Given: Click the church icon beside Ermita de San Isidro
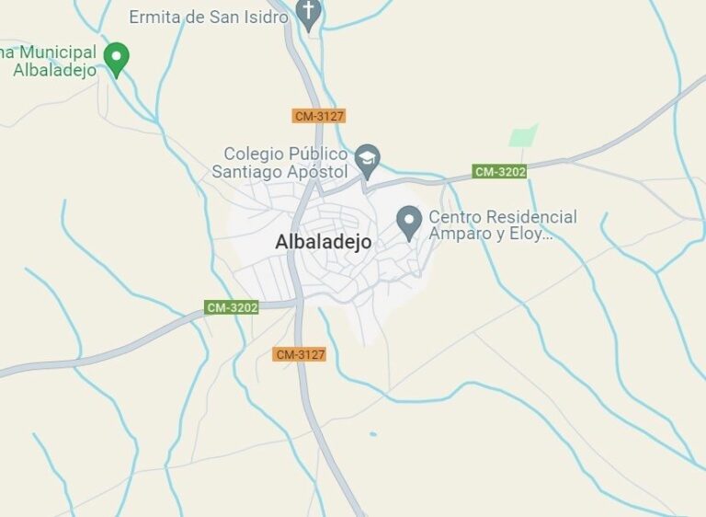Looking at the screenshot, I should (309, 14).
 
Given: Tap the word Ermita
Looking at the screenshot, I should (155, 17).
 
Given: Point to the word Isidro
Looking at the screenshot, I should (264, 17).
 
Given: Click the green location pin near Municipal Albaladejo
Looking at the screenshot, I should (116, 57).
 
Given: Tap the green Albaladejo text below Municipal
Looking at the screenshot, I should (54, 71).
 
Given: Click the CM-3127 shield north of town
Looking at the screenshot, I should (319, 116).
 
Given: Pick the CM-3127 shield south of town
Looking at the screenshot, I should (300, 354).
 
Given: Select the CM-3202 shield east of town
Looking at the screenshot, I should (499, 171).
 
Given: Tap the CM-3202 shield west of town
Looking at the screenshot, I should (232, 307).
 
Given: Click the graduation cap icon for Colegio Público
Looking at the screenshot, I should (368, 157).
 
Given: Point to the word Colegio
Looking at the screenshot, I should (254, 154).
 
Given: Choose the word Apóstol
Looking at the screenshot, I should (319, 172).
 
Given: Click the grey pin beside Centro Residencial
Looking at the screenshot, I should (408, 220).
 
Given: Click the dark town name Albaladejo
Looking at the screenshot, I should (323, 242).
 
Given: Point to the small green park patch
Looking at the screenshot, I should (523, 136).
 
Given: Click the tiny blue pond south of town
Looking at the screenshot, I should (372, 434).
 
